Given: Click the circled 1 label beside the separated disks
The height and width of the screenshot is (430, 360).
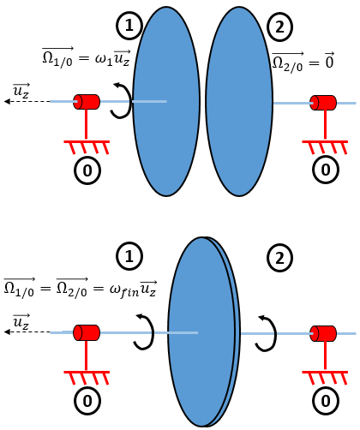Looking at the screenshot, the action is pos(129,26).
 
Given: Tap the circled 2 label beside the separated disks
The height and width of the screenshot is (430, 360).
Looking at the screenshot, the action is pos(279,27).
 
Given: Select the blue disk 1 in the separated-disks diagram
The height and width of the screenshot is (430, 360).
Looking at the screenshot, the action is pos(166,101).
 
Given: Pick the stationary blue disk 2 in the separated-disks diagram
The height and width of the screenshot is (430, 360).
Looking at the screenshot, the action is pos(239,101).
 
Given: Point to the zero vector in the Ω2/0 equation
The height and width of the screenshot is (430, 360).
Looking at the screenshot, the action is pos(329,60).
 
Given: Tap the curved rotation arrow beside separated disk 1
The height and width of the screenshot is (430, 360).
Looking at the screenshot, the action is pos(122,100).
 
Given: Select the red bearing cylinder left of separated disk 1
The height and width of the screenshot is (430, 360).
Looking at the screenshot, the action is pos(87,102).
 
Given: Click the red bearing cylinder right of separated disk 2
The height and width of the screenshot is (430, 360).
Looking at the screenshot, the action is pos(323,103).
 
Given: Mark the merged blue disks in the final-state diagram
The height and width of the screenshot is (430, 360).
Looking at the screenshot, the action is pos(204,331).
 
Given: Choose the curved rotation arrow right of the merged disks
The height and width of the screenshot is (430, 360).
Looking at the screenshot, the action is pos(266,333).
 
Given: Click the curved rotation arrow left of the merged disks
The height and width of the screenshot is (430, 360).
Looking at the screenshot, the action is pos(144,331).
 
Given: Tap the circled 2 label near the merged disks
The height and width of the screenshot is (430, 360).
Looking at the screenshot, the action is pos(279,258).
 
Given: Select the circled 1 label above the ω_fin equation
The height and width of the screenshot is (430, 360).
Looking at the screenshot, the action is pos(129,256).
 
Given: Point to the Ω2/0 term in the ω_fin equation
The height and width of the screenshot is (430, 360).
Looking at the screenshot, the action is pos(72,288).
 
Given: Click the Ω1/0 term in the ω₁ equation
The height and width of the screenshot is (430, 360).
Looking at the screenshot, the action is pos(58,57).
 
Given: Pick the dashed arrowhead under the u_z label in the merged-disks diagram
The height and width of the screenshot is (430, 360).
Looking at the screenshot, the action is pos(7,331).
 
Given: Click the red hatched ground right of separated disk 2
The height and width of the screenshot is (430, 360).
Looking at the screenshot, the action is pos(325,147).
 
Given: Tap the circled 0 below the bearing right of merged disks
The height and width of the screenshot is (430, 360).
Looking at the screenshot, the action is pos(326,401).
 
